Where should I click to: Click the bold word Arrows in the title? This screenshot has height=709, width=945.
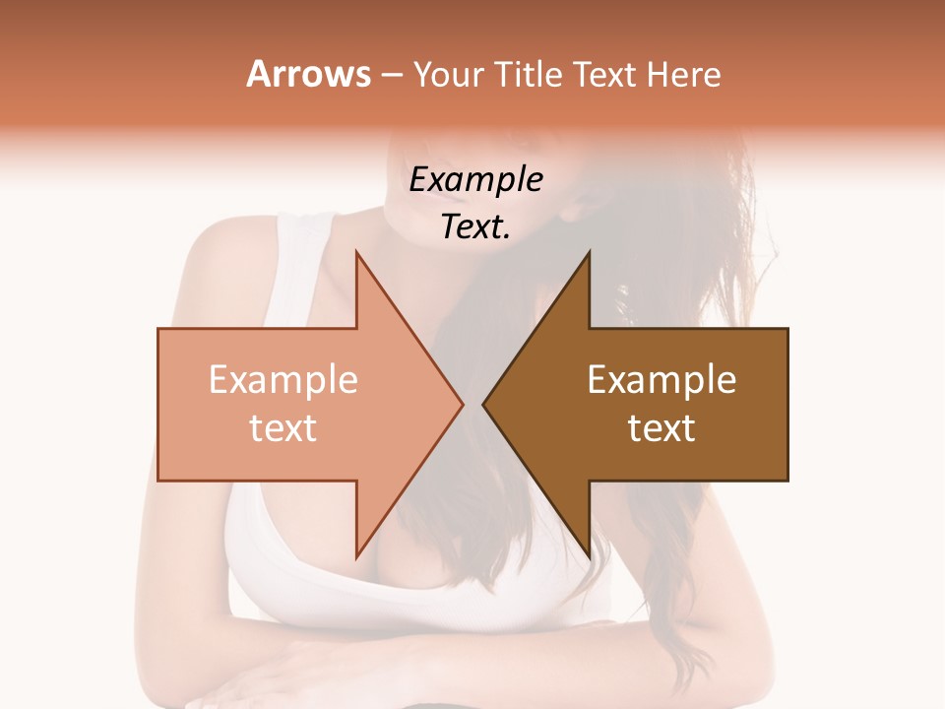click(308, 74)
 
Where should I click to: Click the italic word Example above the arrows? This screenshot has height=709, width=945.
click(475, 180)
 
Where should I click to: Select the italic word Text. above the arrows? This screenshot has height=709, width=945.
click(475, 226)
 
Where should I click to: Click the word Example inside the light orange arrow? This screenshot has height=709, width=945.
click(283, 380)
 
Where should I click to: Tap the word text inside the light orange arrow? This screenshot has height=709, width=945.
click(283, 428)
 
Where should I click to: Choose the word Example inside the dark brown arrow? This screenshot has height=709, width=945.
click(661, 380)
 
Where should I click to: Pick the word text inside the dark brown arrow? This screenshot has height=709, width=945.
click(661, 428)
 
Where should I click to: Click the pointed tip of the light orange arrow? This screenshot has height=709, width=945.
click(462, 405)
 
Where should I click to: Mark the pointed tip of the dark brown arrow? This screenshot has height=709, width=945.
click(483, 405)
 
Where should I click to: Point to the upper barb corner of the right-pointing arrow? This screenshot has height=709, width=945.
click(356, 253)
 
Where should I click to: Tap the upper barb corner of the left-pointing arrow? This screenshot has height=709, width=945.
click(589, 253)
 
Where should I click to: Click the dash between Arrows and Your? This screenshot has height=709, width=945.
click(392, 76)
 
